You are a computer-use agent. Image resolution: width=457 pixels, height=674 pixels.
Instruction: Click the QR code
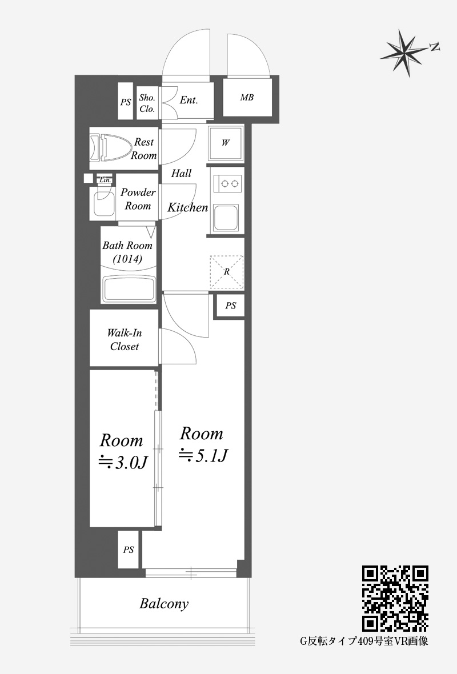[x=395, y=599]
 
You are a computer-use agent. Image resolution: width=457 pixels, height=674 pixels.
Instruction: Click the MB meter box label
[x=247, y=98]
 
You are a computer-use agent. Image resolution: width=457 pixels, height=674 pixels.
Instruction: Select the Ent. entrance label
[x=189, y=100]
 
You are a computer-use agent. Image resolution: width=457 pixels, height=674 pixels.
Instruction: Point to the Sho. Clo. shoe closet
[x=147, y=103]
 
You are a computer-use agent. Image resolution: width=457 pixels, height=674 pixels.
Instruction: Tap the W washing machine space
[x=226, y=143]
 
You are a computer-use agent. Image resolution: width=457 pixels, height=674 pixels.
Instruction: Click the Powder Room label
[x=138, y=199]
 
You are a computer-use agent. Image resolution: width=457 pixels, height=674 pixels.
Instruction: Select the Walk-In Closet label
[x=124, y=340]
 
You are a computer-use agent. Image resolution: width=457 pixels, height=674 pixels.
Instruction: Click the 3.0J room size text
[x=124, y=462]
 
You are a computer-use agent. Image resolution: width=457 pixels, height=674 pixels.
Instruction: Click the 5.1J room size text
[x=203, y=455]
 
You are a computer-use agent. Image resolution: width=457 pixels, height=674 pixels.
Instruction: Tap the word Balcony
[x=164, y=604]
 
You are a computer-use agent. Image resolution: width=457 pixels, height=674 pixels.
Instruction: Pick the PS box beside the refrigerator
[x=231, y=306]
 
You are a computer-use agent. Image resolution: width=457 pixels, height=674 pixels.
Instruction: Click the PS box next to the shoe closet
[x=126, y=102]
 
